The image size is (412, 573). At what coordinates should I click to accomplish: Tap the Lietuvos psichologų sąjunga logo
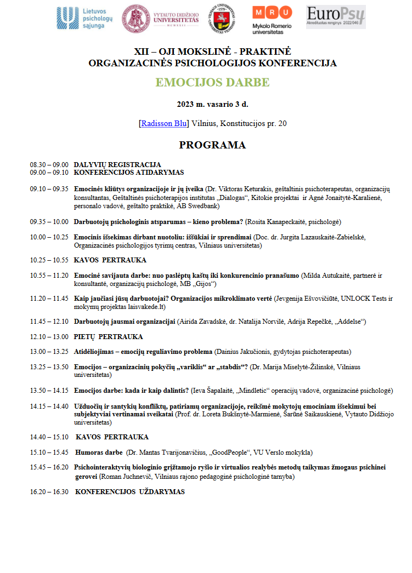[84, 18]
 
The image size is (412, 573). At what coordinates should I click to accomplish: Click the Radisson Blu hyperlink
[163, 123]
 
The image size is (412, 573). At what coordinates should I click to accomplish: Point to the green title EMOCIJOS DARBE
[212, 83]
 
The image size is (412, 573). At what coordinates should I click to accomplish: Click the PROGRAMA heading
[212, 145]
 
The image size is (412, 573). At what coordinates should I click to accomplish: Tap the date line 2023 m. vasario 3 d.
[212, 105]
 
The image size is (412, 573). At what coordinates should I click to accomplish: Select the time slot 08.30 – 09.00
[49, 164]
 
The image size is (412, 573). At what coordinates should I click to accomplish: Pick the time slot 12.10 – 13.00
[49, 336]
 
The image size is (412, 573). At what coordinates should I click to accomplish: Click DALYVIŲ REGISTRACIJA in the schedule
[117, 164]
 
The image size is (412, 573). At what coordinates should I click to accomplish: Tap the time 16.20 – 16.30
[49, 492]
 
